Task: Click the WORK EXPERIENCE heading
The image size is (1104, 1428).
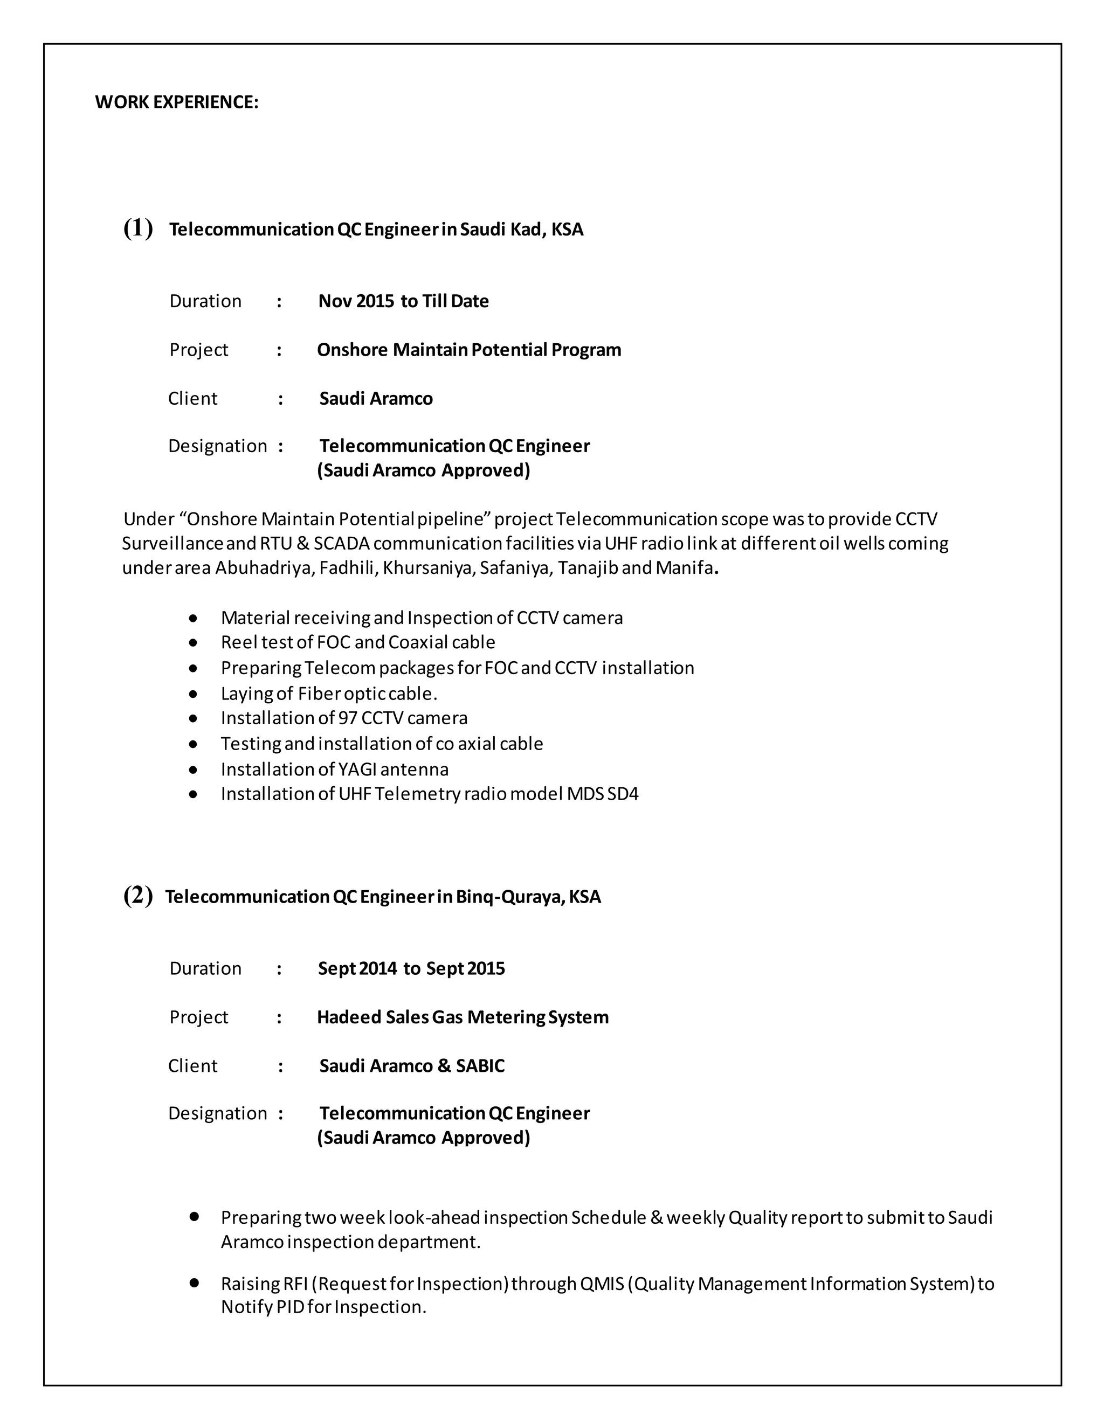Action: [177, 102]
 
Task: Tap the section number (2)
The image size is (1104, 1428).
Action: [138, 895]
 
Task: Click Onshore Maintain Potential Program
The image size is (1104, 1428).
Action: [468, 350]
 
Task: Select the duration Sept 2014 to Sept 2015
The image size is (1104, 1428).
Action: [411, 968]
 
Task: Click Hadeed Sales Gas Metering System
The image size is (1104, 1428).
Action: [463, 1017]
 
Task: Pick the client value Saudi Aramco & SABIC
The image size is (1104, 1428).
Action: [411, 1066]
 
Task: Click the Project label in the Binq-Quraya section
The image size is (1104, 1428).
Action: [198, 1017]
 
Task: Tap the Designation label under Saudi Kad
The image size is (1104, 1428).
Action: [217, 446]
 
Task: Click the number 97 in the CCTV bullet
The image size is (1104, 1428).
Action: [347, 718]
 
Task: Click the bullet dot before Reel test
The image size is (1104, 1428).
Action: [193, 643]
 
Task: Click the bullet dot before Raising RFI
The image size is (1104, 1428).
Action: [194, 1284]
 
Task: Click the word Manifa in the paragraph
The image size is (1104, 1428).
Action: [684, 567]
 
